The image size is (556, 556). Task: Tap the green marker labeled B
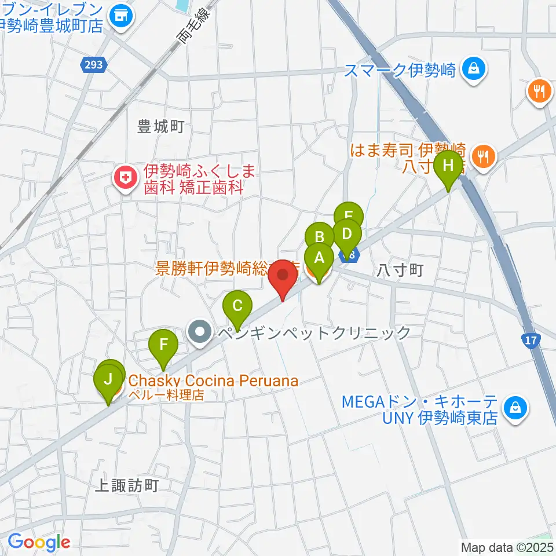tap(319, 238)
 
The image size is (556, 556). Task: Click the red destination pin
tap(283, 277)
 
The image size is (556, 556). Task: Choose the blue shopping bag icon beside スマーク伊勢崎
tap(474, 71)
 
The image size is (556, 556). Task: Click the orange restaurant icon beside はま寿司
tap(482, 155)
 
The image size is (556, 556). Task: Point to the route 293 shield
tap(94, 65)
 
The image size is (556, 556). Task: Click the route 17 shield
tap(531, 341)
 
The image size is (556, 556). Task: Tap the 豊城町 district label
tap(160, 126)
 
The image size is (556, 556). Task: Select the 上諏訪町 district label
tap(126, 485)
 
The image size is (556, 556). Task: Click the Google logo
tap(39, 542)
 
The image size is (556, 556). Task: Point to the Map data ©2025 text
tap(506, 546)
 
